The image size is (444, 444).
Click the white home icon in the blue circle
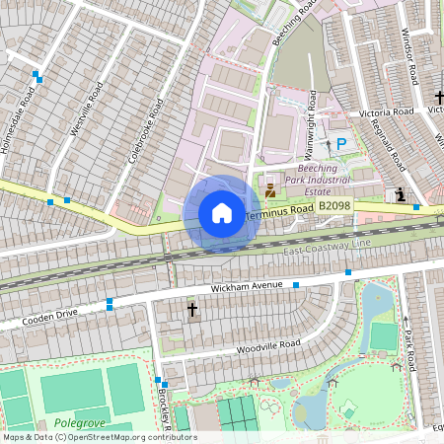(222, 213)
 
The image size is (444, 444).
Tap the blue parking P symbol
(341, 144)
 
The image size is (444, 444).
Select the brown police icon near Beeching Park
(270, 185)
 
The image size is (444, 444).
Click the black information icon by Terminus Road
(401, 194)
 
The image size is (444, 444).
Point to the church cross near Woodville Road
(192, 311)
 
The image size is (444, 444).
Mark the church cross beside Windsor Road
(440, 98)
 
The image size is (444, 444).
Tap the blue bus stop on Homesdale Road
(37, 75)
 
